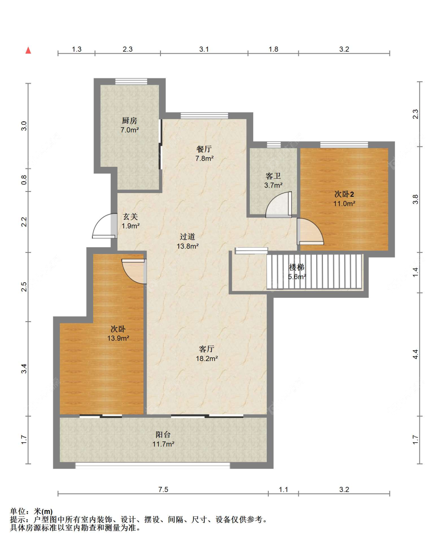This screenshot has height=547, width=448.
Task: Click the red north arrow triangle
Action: [x=28, y=50]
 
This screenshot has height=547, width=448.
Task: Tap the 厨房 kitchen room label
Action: [x=129, y=125]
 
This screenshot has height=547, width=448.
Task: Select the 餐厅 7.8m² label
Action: [x=204, y=154]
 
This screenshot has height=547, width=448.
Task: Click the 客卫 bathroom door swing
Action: [x=278, y=205]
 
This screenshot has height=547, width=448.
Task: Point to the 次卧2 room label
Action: [x=344, y=199]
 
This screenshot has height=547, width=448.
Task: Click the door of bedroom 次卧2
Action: [x=310, y=231]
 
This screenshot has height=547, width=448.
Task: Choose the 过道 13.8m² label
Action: [x=188, y=241]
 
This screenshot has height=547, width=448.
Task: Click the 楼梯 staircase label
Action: [x=297, y=272]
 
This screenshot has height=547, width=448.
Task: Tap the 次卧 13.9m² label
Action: [x=118, y=334]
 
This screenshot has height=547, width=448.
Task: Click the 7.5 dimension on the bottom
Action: [x=163, y=489]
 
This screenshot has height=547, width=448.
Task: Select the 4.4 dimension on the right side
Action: [x=415, y=354]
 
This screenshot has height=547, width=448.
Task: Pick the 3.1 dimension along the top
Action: [x=204, y=49]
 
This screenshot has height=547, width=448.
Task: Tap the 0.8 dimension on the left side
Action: [x=24, y=180]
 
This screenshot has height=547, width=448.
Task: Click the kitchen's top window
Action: [x=131, y=82]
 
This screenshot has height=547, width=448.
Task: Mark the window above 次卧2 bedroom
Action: [x=344, y=145]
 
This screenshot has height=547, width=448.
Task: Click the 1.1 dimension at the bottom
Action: [x=283, y=489]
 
